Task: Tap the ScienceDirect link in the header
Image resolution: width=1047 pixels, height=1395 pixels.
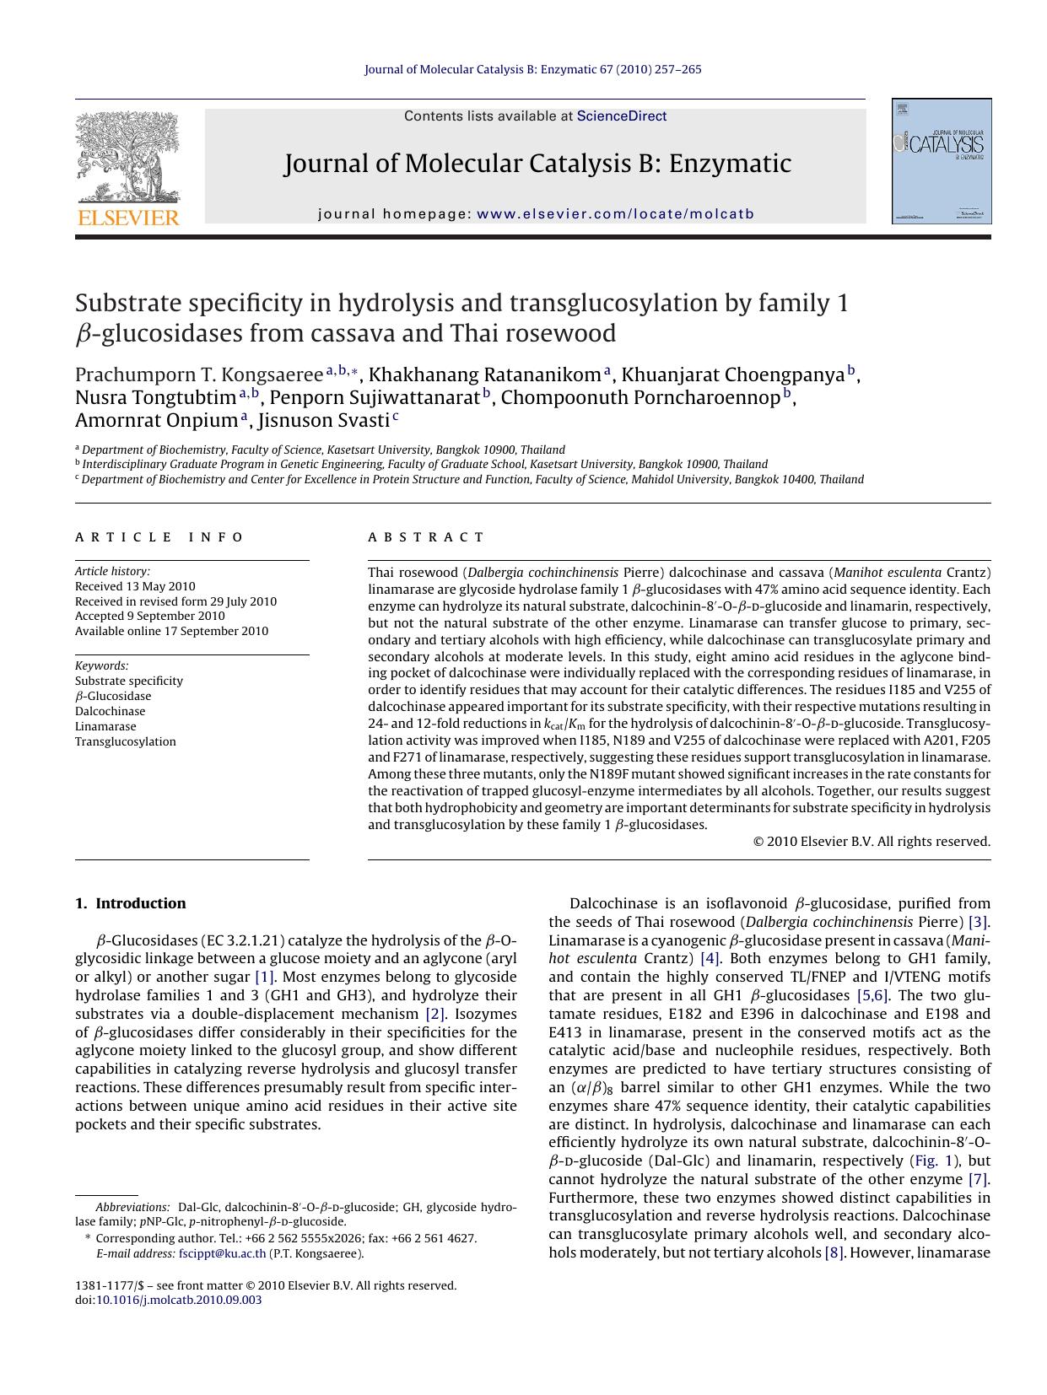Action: point(621,116)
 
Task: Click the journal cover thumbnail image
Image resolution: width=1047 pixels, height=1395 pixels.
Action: point(942,161)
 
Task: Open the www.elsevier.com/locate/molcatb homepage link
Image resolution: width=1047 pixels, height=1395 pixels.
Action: point(615,214)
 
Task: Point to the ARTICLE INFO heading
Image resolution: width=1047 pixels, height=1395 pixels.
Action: point(159,537)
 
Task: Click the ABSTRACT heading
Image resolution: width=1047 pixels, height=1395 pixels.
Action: point(426,537)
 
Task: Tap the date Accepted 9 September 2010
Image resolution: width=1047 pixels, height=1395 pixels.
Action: point(149,617)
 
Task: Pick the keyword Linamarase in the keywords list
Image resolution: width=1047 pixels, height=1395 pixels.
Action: point(105,726)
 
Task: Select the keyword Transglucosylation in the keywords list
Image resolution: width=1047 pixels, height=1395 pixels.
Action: point(126,741)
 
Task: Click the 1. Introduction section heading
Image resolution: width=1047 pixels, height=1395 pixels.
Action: point(131,903)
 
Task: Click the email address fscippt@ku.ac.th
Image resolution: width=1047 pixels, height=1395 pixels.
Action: point(222,1253)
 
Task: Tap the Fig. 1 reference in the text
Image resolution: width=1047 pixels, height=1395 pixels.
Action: point(934,1161)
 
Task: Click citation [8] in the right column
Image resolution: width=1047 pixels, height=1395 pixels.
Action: point(834,1252)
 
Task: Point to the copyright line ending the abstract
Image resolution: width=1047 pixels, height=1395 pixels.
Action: point(871,841)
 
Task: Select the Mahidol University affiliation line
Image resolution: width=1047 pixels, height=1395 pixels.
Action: point(472,480)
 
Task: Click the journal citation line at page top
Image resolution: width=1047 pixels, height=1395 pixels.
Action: point(532,69)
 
